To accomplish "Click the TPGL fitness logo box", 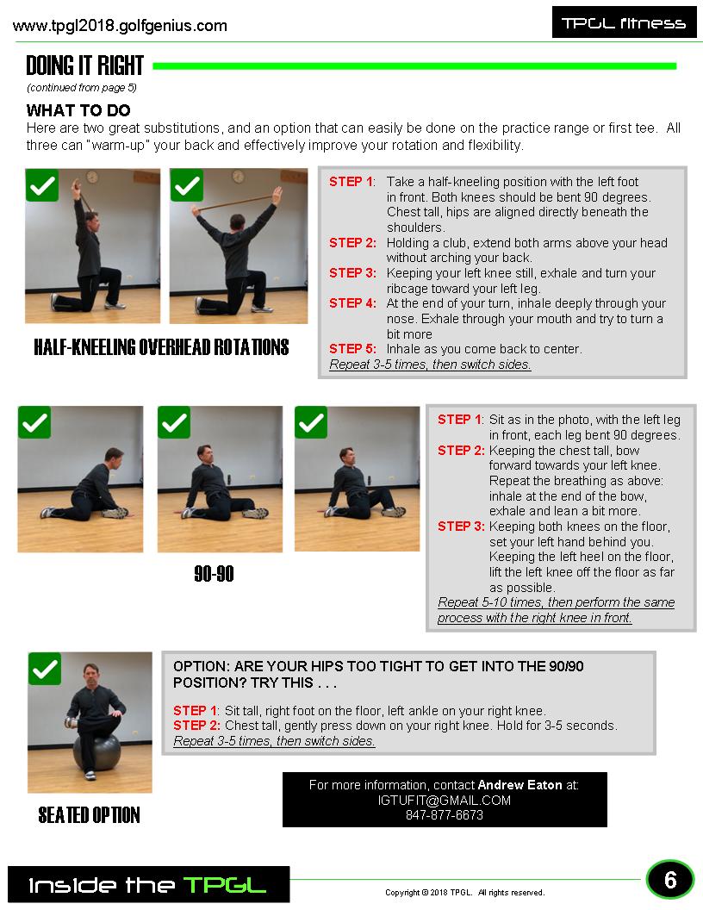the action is click(x=624, y=22).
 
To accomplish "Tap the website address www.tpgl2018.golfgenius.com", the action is click(x=120, y=26).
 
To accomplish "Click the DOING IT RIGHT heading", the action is click(x=84, y=65).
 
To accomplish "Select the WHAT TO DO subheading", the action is click(x=78, y=110).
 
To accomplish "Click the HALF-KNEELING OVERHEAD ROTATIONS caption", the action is click(x=161, y=347).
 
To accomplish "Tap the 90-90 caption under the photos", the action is click(x=214, y=574).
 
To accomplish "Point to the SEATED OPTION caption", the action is click(x=89, y=815).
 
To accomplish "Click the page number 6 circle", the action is click(x=670, y=880).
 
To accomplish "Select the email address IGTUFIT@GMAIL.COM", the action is click(x=445, y=801).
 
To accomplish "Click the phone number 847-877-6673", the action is click(x=445, y=815).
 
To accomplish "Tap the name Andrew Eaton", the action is click(x=519, y=785).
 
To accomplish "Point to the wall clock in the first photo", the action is click(x=92, y=177).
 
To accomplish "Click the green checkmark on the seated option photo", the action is click(x=45, y=669).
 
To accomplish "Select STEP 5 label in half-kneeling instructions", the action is click(x=352, y=349).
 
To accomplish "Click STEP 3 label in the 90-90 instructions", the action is click(x=461, y=527).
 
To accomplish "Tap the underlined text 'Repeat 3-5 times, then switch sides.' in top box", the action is click(x=430, y=365).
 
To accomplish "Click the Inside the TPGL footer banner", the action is click(x=148, y=884).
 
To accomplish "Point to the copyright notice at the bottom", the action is click(x=465, y=893).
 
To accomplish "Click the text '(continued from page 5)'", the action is click(x=82, y=88).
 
